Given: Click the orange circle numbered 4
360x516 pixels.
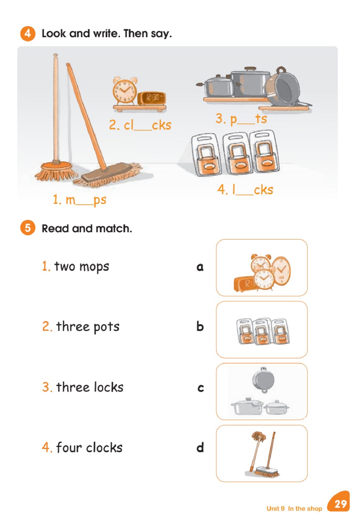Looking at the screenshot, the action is click(28, 34).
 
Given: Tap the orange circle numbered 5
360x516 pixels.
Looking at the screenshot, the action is click(28, 228).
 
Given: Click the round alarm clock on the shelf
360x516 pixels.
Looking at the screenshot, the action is click(125, 91).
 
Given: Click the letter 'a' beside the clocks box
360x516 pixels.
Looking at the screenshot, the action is click(200, 267).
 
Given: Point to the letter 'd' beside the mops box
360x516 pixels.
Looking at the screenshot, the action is click(200, 447).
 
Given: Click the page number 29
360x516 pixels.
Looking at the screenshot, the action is click(340, 504).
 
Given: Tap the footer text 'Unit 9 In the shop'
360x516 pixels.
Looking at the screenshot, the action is click(294, 508).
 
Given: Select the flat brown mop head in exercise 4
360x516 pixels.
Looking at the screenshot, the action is click(107, 173).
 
